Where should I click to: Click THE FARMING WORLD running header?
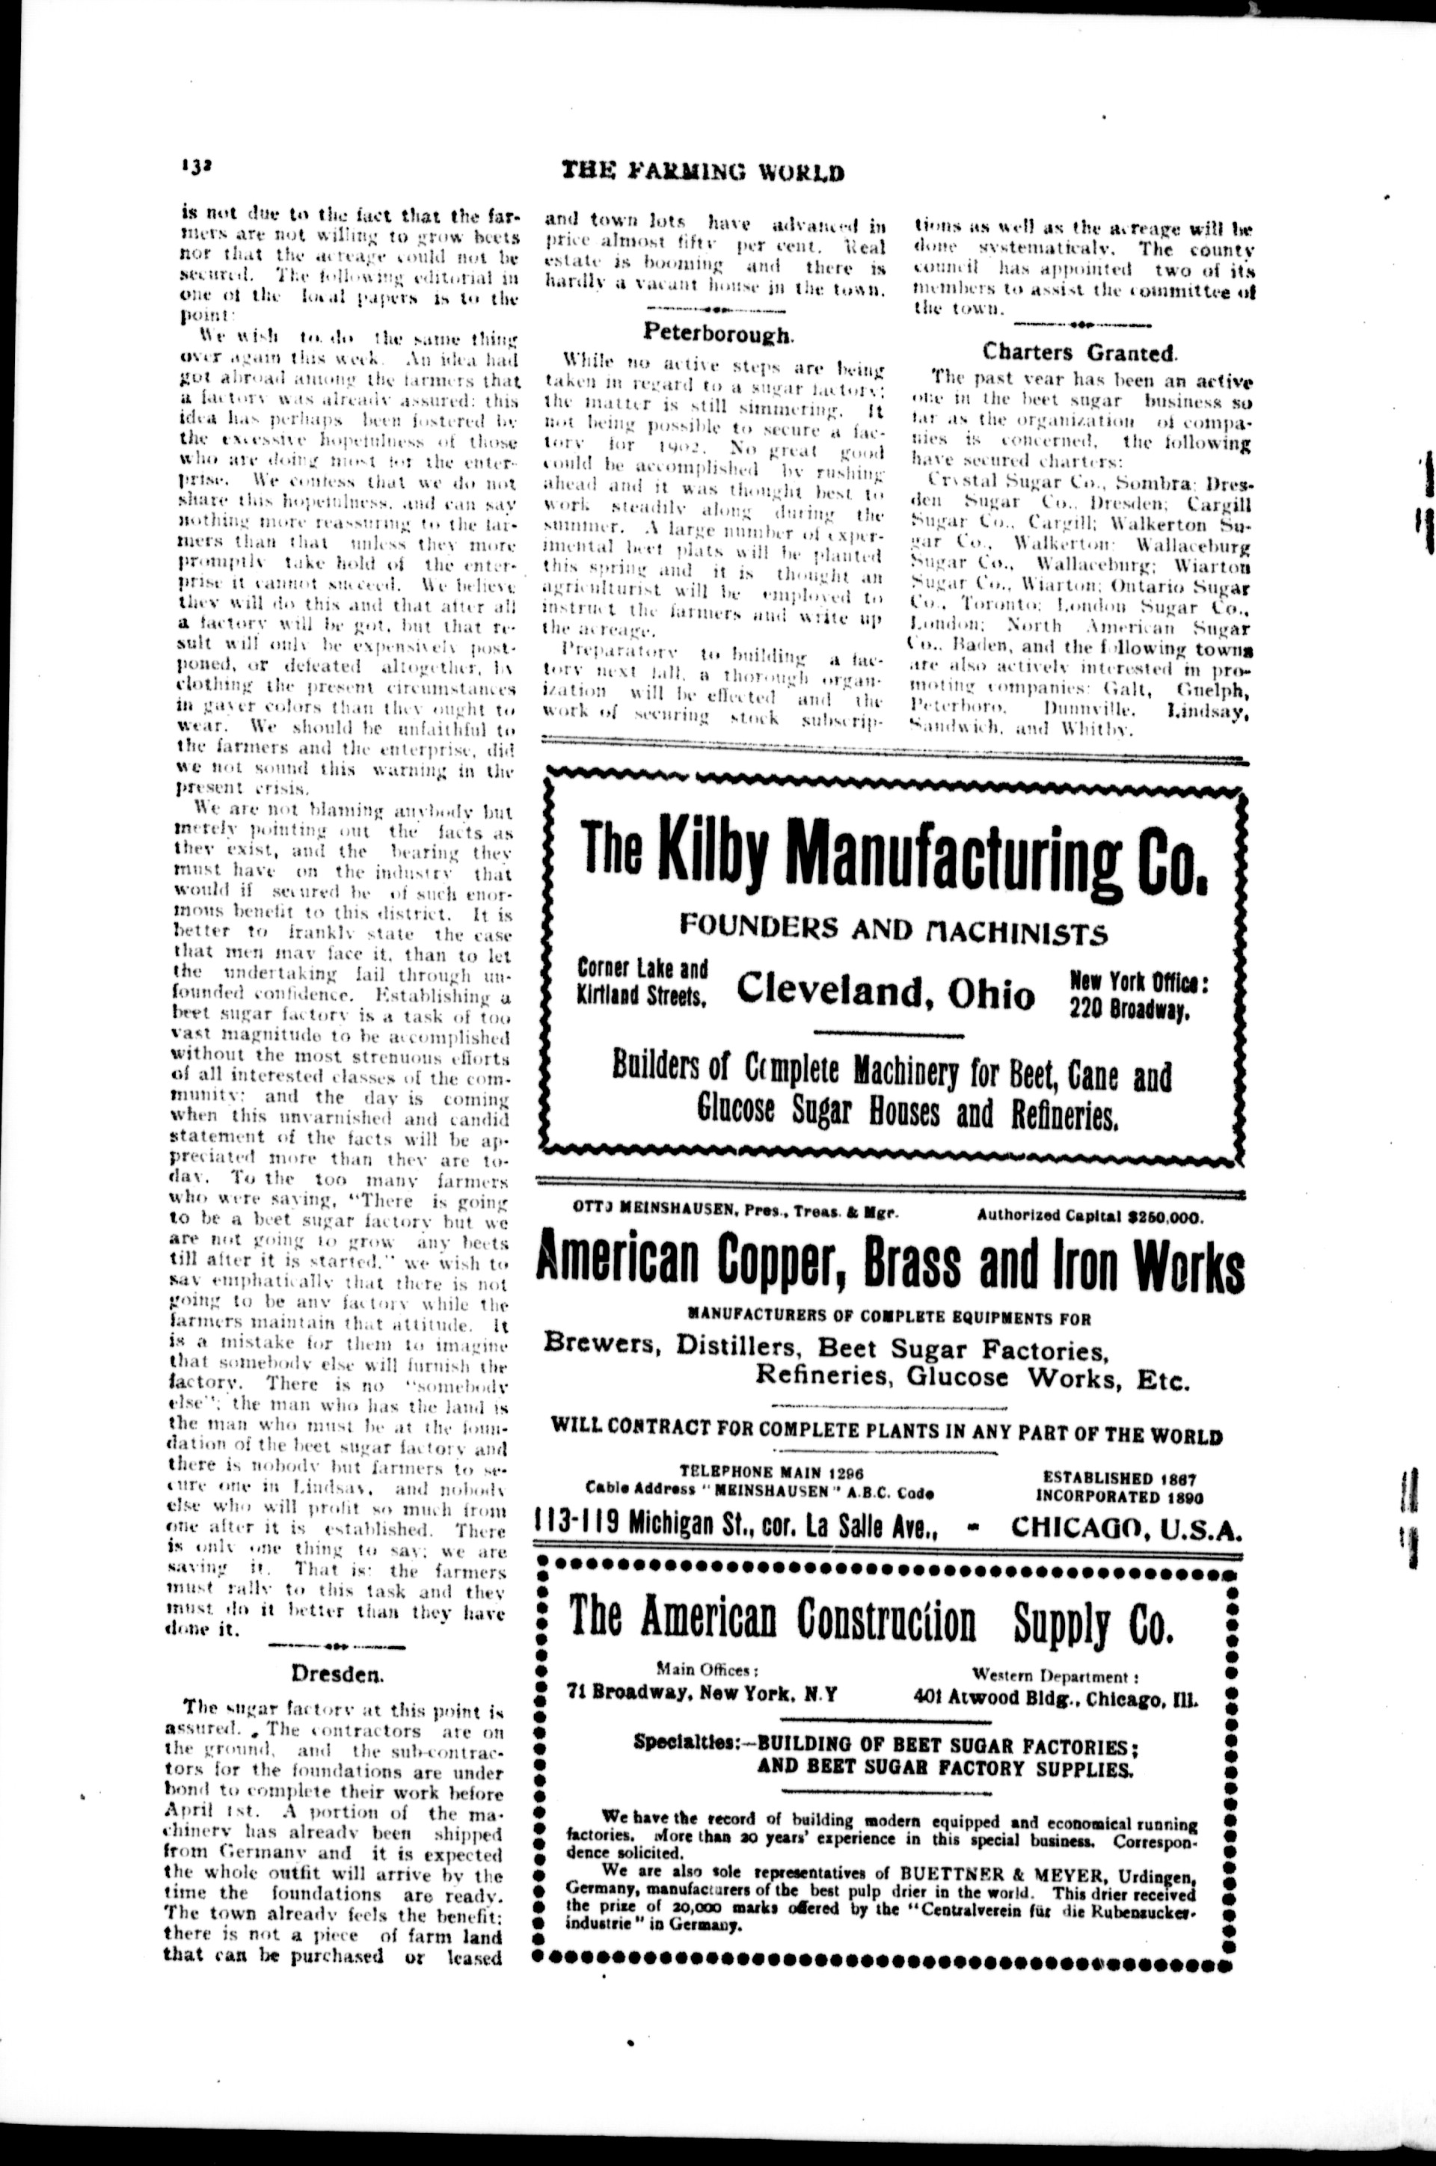(x=702, y=171)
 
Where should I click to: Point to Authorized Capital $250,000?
(x=1090, y=1216)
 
